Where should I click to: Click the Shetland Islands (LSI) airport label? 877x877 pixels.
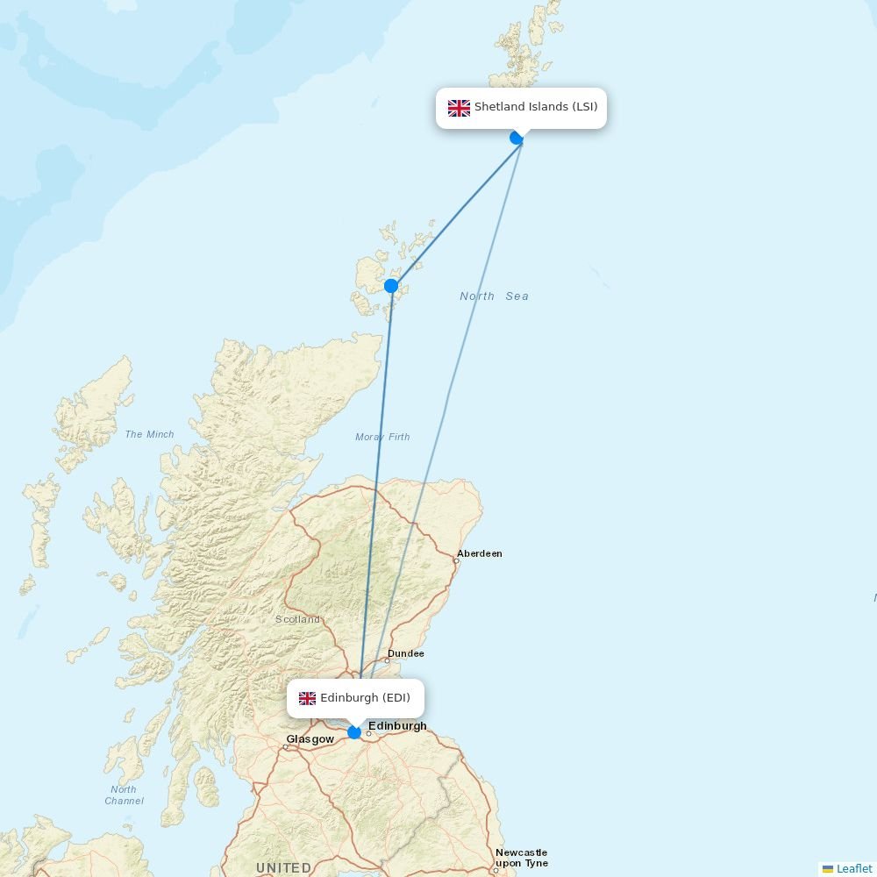536,108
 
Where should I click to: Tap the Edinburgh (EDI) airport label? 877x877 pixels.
365,698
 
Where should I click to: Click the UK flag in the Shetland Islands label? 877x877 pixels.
459,108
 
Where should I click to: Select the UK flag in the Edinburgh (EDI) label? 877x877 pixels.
307,698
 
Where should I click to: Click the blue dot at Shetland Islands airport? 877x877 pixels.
517,138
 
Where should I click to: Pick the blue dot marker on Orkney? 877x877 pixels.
391,286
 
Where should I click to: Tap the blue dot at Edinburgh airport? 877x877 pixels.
354,732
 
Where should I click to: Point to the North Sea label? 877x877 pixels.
494,296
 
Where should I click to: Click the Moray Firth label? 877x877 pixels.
382,437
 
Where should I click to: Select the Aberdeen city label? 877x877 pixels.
480,553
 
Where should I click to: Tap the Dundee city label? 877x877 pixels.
406,653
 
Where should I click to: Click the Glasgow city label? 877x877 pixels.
310,739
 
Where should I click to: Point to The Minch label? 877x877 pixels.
149,434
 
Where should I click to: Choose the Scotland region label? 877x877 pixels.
298,619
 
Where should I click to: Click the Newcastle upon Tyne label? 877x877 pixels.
521,858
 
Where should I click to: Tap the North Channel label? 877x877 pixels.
124,795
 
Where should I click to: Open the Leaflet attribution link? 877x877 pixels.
853,868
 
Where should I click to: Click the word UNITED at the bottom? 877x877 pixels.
283,867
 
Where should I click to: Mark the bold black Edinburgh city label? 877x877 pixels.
397,725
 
